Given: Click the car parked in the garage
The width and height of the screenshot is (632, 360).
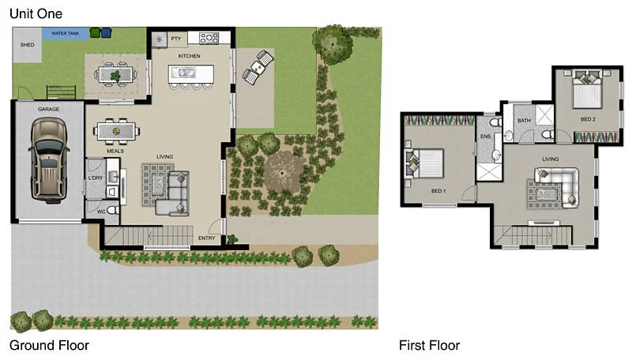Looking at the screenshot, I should (x=48, y=158).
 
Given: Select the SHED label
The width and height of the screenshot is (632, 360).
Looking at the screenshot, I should (x=28, y=46).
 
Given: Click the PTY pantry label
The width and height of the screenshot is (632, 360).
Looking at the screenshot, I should (x=175, y=37).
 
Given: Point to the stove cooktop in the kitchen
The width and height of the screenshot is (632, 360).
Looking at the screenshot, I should (x=209, y=37).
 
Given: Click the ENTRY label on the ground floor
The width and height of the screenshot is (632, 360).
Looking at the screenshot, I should (x=207, y=238).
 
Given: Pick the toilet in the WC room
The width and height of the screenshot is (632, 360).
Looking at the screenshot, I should (x=112, y=211).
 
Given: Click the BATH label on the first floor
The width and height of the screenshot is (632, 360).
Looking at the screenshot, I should (x=524, y=121).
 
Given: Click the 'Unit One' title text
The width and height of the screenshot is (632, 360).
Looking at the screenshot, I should (x=36, y=13).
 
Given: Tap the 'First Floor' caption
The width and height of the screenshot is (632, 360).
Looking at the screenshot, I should (x=429, y=345).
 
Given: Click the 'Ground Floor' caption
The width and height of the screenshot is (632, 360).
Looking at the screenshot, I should (x=49, y=345).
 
